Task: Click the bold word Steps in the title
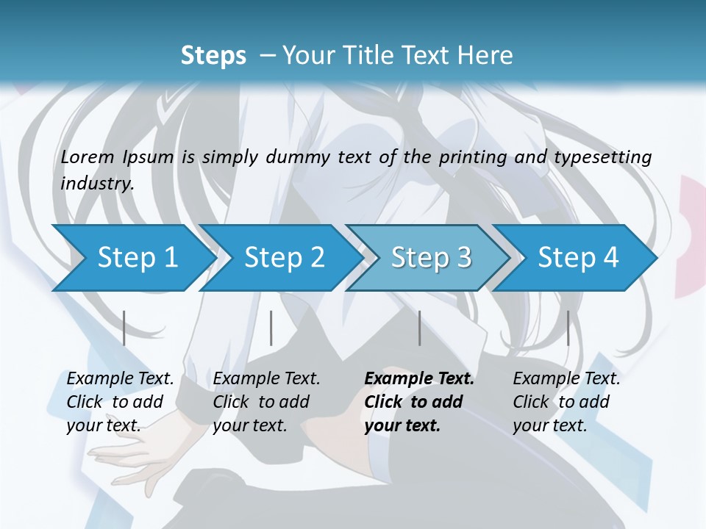click(213, 56)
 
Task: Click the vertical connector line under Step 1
click(124, 328)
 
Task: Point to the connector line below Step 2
click(271, 328)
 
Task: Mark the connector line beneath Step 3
click(420, 328)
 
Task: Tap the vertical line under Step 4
click(568, 328)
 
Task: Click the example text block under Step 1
click(120, 402)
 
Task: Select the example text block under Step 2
click(266, 402)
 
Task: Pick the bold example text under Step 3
click(418, 402)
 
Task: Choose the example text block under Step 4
click(566, 402)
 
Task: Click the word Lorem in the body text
click(88, 157)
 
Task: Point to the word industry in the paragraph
click(96, 184)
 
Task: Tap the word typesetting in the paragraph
click(607, 157)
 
